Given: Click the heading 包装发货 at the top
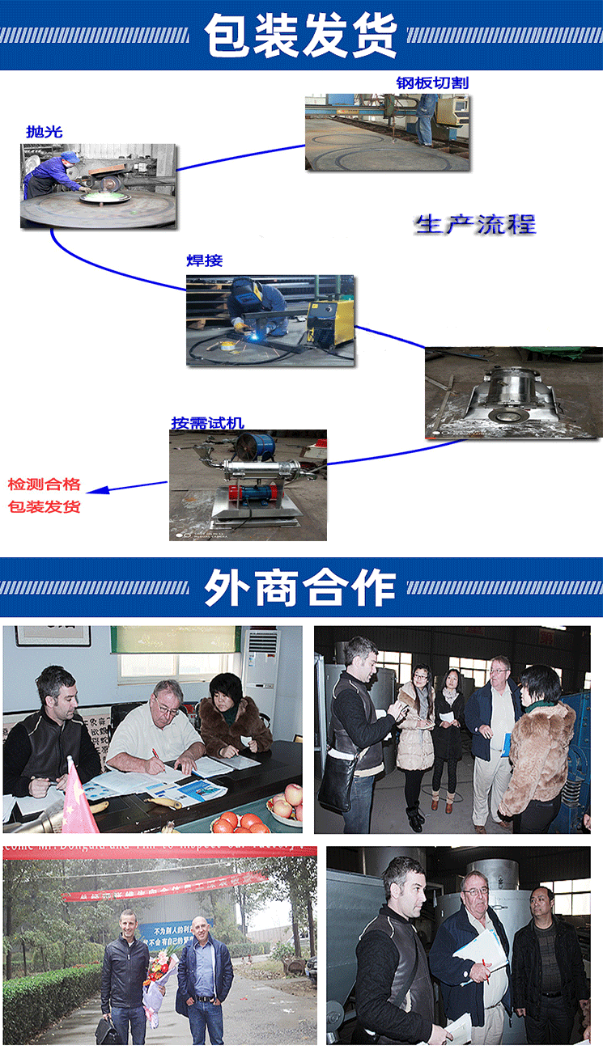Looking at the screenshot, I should tap(301, 36).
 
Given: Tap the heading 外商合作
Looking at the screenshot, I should tap(301, 587).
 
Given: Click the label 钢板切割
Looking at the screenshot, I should tap(432, 83).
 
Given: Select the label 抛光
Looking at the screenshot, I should tap(44, 131).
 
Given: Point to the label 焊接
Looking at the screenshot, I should tap(204, 260).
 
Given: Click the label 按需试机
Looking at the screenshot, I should tap(207, 422).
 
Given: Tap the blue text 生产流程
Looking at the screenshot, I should tap(475, 224).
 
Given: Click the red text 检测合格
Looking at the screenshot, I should tap(45, 485).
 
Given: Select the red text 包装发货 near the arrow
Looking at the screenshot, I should tap(45, 507).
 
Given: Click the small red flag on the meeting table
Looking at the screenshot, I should tap(78, 797).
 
